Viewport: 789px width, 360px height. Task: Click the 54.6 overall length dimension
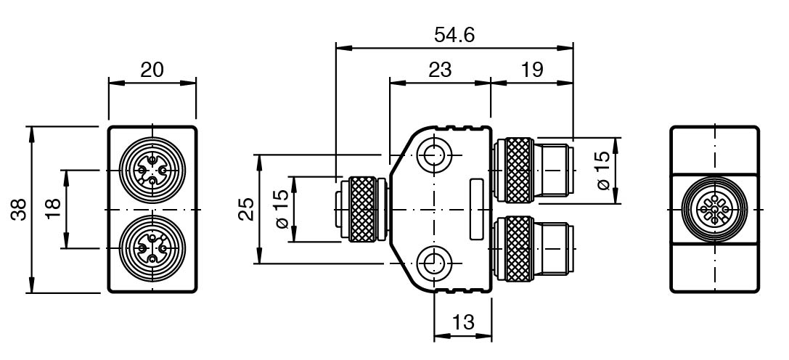coord(454,35)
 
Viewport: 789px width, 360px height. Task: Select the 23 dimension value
coord(440,70)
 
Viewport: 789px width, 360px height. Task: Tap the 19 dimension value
coord(532,70)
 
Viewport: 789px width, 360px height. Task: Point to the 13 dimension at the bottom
coord(463,322)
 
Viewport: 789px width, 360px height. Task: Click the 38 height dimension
coord(20,210)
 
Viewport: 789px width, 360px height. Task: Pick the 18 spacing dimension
coord(53,209)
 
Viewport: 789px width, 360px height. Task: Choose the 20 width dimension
coord(152,70)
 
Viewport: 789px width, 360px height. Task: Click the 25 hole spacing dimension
coord(246,209)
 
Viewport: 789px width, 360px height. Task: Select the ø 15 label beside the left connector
coord(282,209)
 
